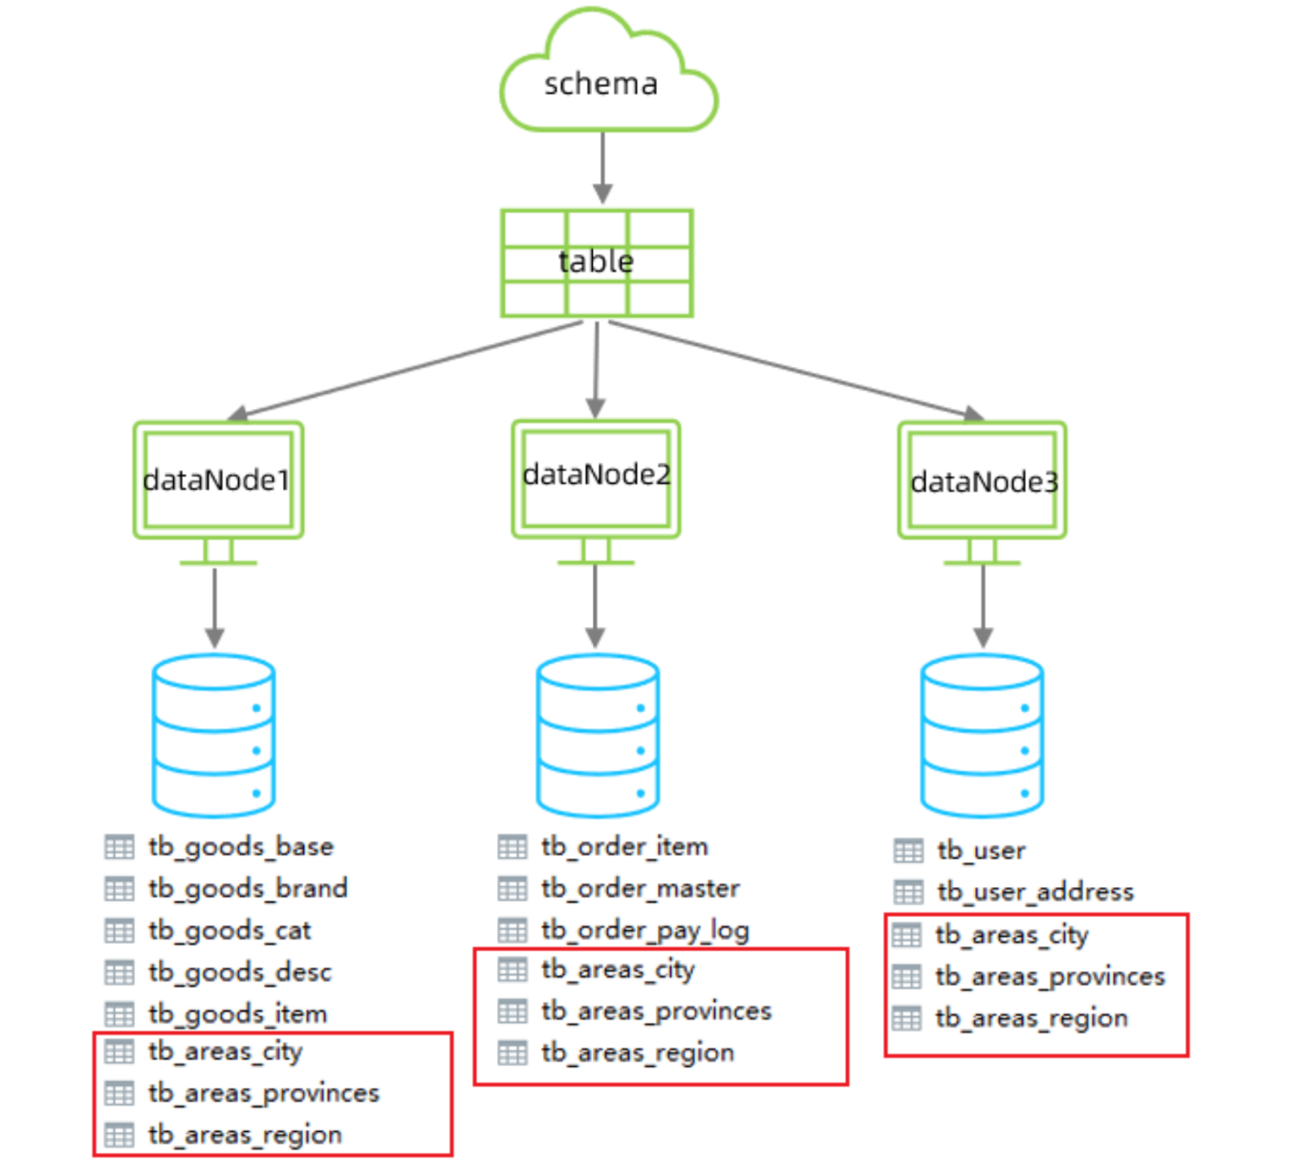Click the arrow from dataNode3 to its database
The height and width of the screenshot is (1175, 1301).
click(983, 607)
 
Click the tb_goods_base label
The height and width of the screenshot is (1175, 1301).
click(241, 847)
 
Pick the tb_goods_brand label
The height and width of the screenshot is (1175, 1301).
click(248, 889)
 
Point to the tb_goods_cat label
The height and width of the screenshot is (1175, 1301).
click(229, 931)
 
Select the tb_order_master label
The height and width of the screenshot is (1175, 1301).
click(641, 889)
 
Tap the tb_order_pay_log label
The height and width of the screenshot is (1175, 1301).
click(646, 931)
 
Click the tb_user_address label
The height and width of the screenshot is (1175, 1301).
click(1035, 892)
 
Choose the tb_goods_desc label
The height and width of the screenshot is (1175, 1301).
click(240, 973)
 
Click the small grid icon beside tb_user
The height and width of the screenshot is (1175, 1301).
click(908, 851)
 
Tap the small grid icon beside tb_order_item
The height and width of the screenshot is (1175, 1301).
click(512, 847)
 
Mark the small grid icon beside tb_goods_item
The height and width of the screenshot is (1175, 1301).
click(120, 1015)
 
